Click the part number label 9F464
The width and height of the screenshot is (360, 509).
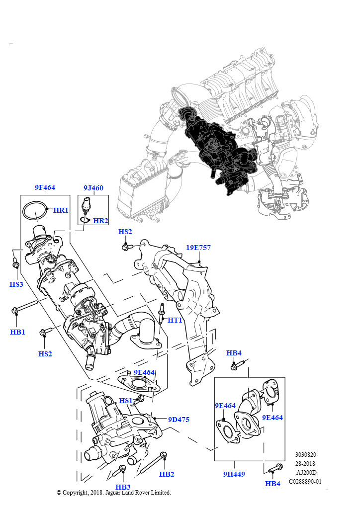[x=45, y=187]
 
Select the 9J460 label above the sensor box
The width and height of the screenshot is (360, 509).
[x=93, y=188]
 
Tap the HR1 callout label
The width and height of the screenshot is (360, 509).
[x=61, y=210]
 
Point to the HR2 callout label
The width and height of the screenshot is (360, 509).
[x=100, y=221]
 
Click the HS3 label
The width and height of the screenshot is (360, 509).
[x=16, y=284]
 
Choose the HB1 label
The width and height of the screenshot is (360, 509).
[x=17, y=332]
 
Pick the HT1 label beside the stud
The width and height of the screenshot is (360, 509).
[x=175, y=320]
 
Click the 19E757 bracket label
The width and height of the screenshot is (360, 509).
[x=198, y=248]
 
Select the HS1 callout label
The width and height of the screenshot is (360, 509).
[x=126, y=401]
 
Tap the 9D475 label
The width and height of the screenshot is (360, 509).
[x=179, y=420]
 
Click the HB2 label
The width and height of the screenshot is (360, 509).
[x=167, y=474]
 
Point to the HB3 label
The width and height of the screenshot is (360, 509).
[x=123, y=487]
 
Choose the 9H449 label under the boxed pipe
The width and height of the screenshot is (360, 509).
[x=234, y=474]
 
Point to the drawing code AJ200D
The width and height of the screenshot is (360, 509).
[x=306, y=473]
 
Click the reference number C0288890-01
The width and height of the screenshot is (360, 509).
[x=305, y=481]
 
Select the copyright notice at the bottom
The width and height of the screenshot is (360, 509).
[x=114, y=493]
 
